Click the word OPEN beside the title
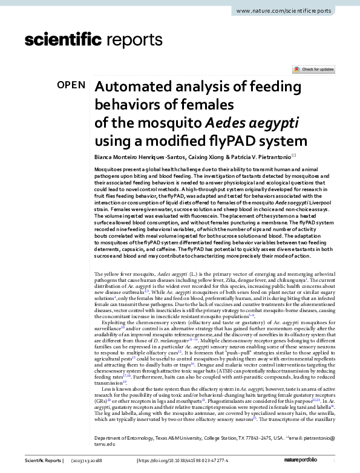[x=71, y=85]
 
